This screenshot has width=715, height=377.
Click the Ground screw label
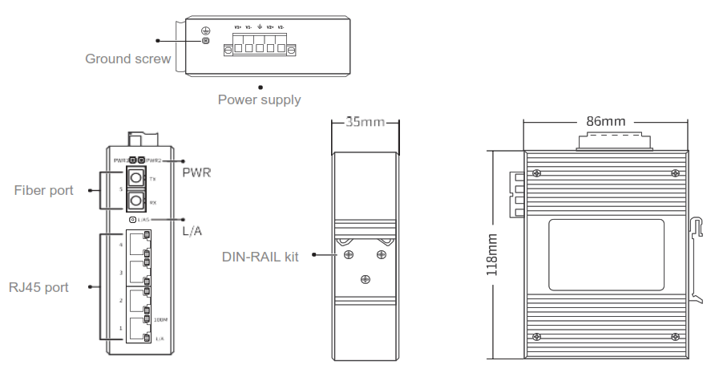[128, 59]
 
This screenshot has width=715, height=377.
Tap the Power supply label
[259, 100]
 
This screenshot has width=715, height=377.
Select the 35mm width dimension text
[366, 123]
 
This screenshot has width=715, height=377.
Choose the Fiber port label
[44, 191]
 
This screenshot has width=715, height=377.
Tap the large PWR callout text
[196, 172]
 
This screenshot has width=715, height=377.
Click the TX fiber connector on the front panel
[137, 177]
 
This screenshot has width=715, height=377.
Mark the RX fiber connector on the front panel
[137, 200]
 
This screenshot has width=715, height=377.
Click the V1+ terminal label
[238, 27]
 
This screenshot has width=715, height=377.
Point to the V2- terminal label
[282, 27]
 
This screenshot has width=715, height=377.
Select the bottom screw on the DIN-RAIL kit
[366, 278]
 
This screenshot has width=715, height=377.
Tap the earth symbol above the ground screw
[206, 30]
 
